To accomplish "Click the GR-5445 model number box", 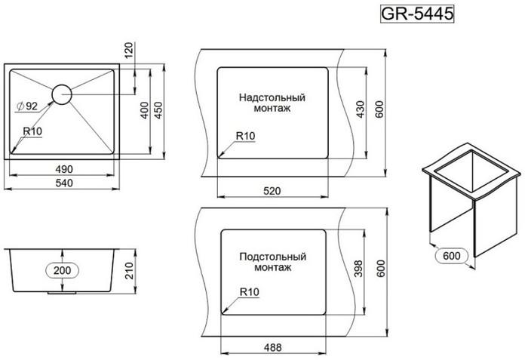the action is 417,14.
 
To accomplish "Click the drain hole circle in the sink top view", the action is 62,94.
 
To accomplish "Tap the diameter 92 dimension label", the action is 28,106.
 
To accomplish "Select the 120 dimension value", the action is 129,50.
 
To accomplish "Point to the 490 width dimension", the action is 64,169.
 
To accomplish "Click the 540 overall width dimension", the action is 64,183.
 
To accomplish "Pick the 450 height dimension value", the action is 158,110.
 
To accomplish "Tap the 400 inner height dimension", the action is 144,110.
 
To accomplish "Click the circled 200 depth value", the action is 63,270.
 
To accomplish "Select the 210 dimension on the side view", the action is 129,271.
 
